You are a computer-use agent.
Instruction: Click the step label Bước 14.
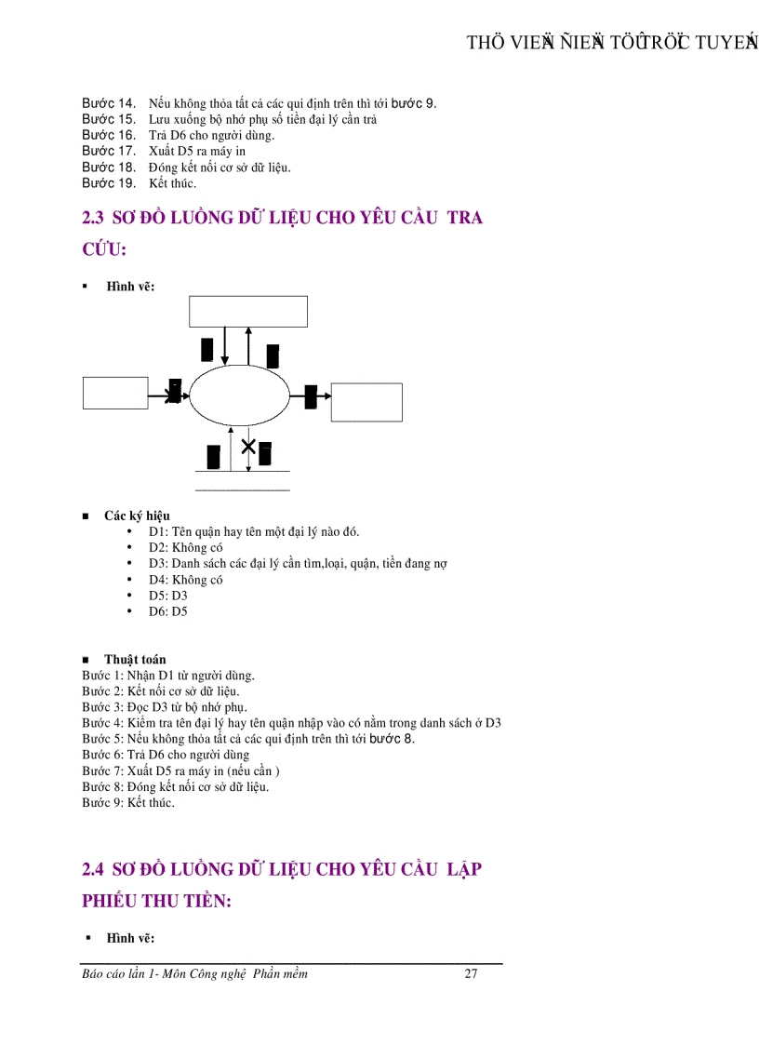pyautogui.click(x=109, y=103)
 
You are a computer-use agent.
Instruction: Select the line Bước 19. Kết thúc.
pyautogui.click(x=139, y=182)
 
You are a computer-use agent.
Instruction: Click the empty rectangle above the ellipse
pyautogui.click(x=248, y=311)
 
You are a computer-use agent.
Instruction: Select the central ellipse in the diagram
pyautogui.click(x=240, y=396)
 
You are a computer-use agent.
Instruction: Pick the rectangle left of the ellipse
pyautogui.click(x=115, y=392)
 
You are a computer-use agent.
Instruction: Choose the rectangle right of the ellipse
pyautogui.click(x=366, y=402)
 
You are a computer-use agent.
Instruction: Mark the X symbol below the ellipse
pyautogui.click(x=248, y=448)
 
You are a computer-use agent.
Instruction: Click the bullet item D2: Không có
pyautogui.click(x=185, y=548)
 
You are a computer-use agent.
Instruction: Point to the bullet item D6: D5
pyautogui.click(x=167, y=611)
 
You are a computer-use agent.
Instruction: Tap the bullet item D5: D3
pyautogui.click(x=167, y=596)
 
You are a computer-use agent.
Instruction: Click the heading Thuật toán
pyautogui.click(x=135, y=660)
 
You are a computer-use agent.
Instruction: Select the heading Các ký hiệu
pyautogui.click(x=137, y=516)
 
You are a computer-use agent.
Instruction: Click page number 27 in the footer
pyautogui.click(x=471, y=974)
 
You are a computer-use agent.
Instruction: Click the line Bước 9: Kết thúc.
pyautogui.click(x=127, y=803)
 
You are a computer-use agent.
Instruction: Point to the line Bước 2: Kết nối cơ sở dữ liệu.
pyautogui.click(x=162, y=691)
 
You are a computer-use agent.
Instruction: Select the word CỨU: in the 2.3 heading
pyautogui.click(x=104, y=250)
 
